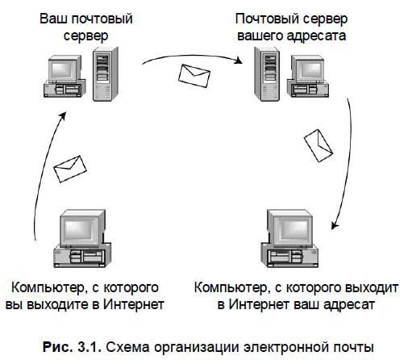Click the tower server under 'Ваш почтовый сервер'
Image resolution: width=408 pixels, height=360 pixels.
click(x=104, y=73)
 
